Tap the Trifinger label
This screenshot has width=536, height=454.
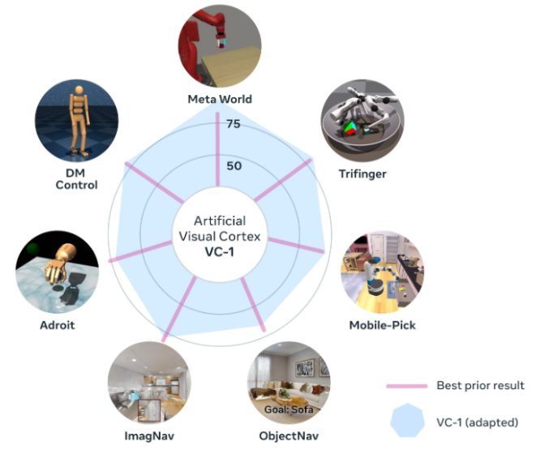click(x=362, y=173)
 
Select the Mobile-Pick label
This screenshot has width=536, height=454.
click(x=384, y=326)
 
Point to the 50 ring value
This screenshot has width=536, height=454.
click(x=233, y=166)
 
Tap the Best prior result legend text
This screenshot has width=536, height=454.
click(x=480, y=386)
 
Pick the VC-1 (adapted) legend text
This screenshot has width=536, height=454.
click(x=478, y=422)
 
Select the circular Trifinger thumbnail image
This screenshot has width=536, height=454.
click(x=361, y=122)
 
